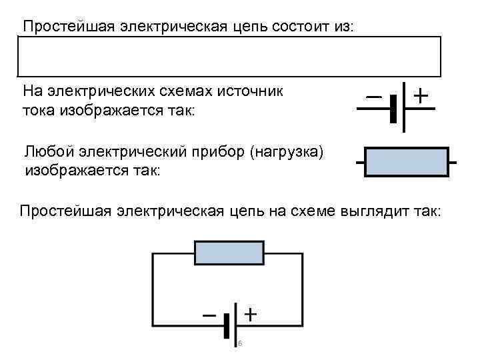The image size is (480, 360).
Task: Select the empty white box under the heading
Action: [229, 57]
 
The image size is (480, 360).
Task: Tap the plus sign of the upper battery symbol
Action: [421, 95]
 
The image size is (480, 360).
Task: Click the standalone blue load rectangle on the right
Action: [406, 162]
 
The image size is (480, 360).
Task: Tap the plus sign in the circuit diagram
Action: [249, 313]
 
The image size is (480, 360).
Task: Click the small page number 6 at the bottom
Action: [240, 344]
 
